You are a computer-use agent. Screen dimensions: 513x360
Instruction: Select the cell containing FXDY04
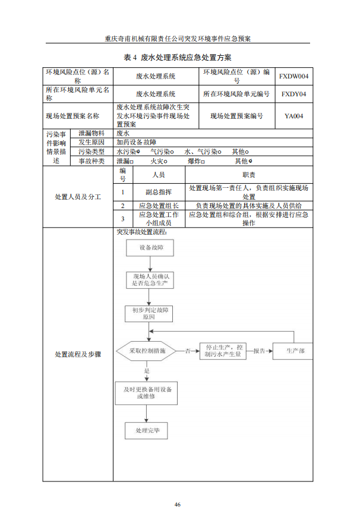tap(293, 94)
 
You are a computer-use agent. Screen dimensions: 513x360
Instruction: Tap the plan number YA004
tap(293, 117)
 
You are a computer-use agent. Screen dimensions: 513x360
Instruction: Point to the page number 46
tap(177, 504)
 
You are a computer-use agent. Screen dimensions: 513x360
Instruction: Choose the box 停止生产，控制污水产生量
tap(223, 351)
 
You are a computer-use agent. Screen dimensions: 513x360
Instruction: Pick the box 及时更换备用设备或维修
tap(147, 392)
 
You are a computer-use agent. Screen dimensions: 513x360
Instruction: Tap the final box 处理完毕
tap(147, 430)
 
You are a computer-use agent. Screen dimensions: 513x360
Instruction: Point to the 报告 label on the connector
tap(259, 351)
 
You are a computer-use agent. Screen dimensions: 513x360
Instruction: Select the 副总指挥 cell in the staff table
tap(159, 192)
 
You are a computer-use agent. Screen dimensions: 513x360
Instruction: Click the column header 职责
tap(249, 175)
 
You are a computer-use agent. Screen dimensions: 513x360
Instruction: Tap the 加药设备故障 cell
tap(136, 143)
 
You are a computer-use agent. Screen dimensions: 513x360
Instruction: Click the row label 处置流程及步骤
tap(78, 354)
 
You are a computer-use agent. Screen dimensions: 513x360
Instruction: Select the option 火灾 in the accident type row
tap(157, 160)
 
